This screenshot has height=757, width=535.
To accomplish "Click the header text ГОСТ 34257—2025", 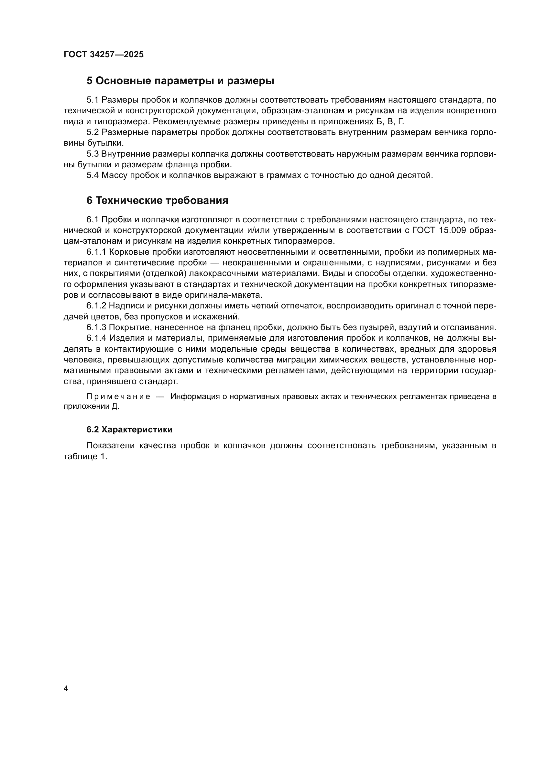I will pyautogui.click(x=104, y=55).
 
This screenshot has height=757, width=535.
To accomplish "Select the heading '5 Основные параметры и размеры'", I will pyautogui.click(x=180, y=81).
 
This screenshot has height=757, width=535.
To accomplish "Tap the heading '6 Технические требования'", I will pyautogui.click(x=157, y=200).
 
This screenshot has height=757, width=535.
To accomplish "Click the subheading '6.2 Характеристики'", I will pyautogui.click(x=129, y=429).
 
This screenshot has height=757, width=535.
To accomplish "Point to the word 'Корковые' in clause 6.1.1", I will pyautogui.click(x=128, y=252).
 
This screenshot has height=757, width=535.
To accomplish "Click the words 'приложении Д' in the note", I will pyautogui.click(x=91, y=406).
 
